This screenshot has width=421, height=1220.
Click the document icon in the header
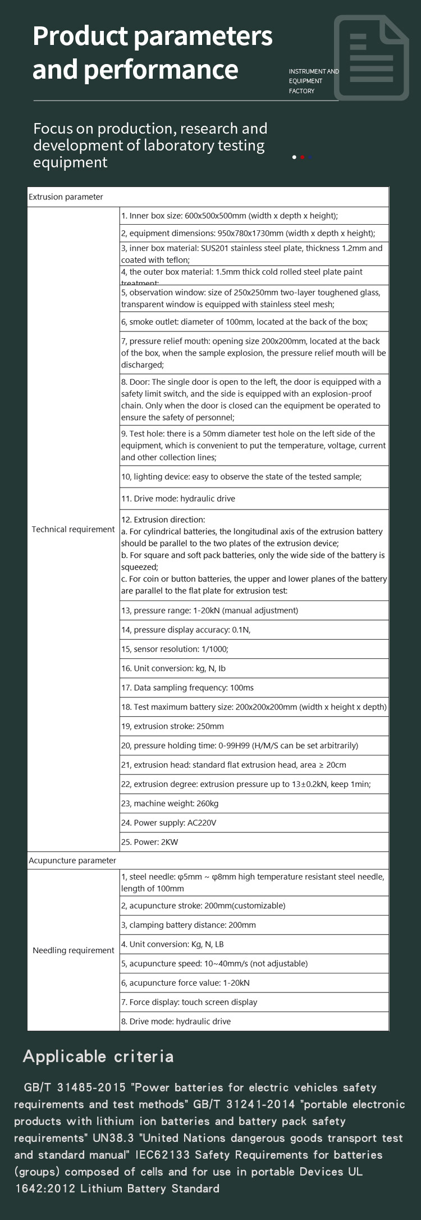(x=371, y=58)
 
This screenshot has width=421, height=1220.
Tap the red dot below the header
(x=303, y=157)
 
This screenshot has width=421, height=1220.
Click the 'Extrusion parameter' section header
(x=66, y=197)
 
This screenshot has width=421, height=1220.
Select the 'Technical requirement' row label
(x=73, y=529)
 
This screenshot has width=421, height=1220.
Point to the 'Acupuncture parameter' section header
(x=72, y=861)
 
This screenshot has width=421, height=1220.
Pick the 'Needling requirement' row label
(x=73, y=950)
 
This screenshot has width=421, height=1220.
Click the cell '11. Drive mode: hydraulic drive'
(x=178, y=499)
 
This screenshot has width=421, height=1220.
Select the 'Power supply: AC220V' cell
(x=169, y=823)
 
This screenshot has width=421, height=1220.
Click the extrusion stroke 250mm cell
(x=172, y=726)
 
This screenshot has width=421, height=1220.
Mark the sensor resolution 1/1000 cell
(x=175, y=649)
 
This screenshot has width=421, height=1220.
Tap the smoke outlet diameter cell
(x=244, y=322)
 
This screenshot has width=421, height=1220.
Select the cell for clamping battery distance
(x=189, y=925)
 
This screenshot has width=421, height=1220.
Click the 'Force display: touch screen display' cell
(x=189, y=1002)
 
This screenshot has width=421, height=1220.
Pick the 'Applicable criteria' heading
(x=98, y=1057)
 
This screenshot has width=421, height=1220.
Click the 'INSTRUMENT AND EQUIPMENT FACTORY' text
(x=313, y=81)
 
